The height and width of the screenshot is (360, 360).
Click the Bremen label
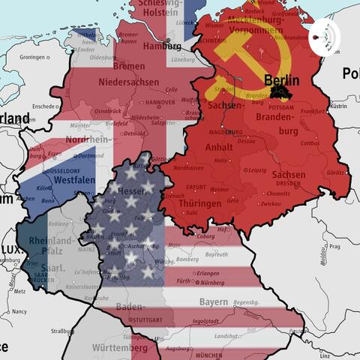point(130,66)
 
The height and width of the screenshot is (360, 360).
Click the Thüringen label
point(199,202)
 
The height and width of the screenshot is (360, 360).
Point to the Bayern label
point(213,301)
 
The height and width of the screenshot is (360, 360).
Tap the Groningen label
point(33,57)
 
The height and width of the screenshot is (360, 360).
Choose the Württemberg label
point(120,348)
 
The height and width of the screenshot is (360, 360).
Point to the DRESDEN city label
point(288,183)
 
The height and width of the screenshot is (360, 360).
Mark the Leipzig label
point(258,170)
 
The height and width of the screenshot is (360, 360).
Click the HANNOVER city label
point(160,102)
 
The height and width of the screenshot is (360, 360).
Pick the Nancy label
point(19,310)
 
